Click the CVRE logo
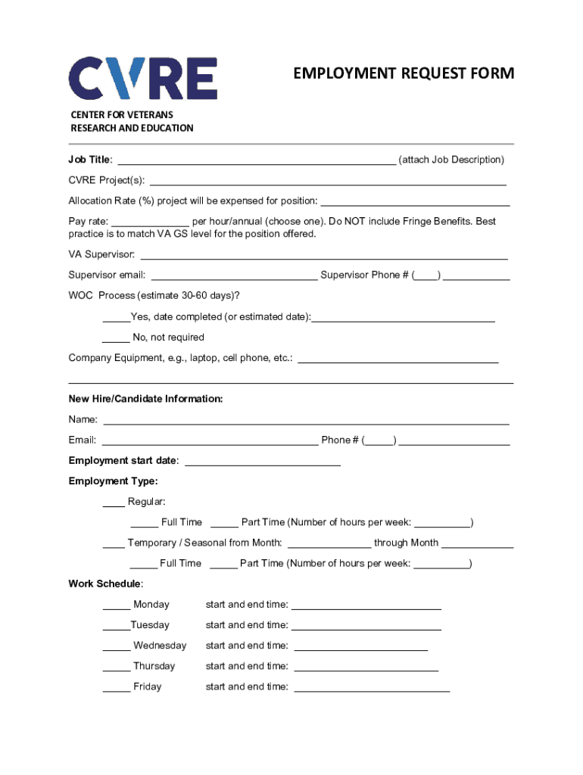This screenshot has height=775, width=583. (143, 78)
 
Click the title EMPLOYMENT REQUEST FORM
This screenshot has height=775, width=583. (404, 73)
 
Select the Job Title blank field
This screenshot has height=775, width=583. (257, 160)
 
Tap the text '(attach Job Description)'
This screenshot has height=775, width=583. (451, 160)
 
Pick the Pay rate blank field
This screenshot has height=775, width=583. (150, 223)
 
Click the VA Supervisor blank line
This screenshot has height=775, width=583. (324, 256)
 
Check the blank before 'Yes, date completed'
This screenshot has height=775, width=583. (116, 318)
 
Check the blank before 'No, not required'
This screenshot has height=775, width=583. (116, 338)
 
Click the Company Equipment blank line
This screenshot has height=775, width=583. (398, 359)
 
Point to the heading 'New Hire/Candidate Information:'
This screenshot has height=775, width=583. (145, 399)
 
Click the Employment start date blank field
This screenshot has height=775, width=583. (263, 462)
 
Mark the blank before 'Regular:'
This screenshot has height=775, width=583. (114, 503)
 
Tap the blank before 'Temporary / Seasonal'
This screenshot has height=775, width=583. (114, 544)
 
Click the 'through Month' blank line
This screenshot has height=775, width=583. (477, 544)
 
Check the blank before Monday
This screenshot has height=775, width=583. (116, 605)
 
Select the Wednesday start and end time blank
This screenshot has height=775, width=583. (360, 647)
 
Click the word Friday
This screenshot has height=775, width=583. (147, 686)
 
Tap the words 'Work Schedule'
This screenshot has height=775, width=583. (104, 584)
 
